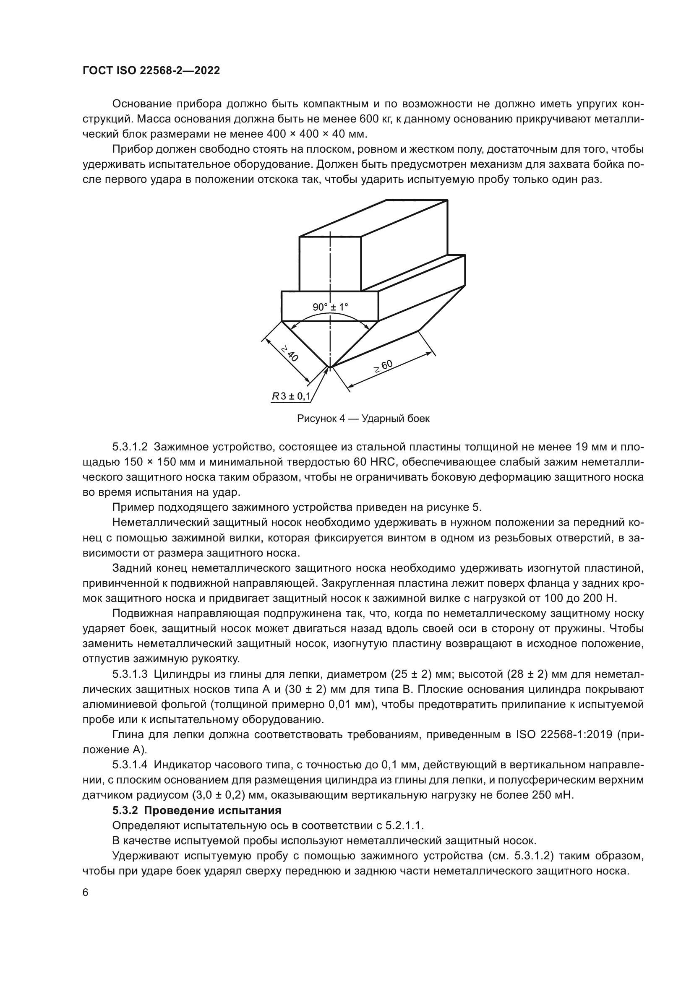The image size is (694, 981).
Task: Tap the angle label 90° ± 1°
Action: pyautogui.click(x=330, y=307)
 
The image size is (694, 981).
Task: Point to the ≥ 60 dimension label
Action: pyautogui.click(x=384, y=367)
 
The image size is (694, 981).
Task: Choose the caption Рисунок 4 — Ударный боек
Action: pyautogui.click(x=363, y=419)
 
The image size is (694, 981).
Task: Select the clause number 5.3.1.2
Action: pyautogui.click(x=130, y=447)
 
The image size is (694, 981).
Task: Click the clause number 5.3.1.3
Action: pyautogui.click(x=130, y=674)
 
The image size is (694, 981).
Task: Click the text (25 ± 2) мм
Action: pyautogui.click(x=417, y=674)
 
